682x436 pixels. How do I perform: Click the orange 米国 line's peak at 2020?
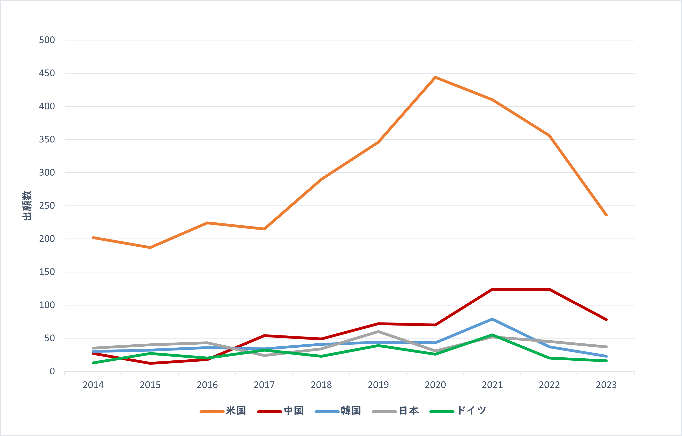tap(435, 77)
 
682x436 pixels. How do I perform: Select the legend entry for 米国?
tap(223, 411)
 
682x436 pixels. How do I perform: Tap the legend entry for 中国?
tap(280, 411)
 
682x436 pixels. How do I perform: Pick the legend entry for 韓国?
tap(338, 411)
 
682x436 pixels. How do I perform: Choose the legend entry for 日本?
tap(395, 411)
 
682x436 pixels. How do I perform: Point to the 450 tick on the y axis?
tap(47, 73)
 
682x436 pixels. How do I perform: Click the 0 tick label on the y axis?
tap(52, 371)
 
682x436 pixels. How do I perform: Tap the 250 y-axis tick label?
tap(47, 206)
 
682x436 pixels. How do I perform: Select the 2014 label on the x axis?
tap(93, 385)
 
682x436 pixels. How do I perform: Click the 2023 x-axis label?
tap(606, 385)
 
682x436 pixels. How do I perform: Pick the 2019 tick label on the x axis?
tap(378, 385)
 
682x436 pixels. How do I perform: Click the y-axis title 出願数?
tap(27, 205)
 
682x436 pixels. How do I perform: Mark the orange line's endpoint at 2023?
tap(606, 215)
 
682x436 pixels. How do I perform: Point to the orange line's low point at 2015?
tap(150, 248)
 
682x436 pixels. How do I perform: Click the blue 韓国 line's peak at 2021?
tap(492, 319)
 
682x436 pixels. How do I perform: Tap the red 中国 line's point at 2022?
tap(549, 289)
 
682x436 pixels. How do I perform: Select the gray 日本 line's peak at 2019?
tap(378, 331)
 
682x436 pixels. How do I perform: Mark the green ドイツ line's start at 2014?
tap(93, 363)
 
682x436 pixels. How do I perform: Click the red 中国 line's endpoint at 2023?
tap(606, 320)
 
